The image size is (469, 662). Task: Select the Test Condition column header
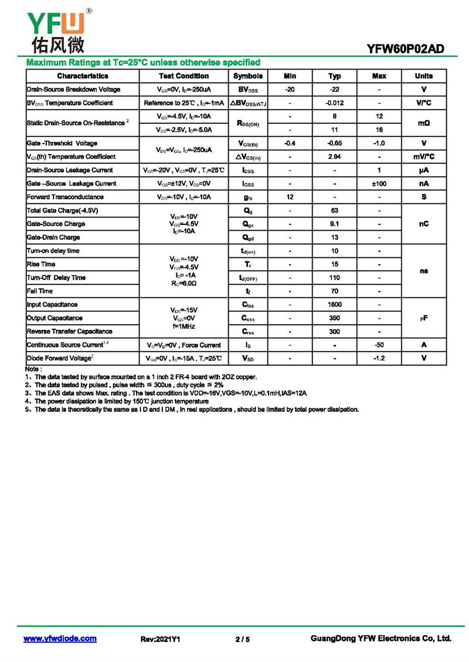click(183, 76)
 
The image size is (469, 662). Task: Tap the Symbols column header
click(248, 76)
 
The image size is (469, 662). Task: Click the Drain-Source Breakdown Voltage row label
click(73, 90)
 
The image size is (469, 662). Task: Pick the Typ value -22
click(334, 90)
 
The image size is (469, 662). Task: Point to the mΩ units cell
click(423, 123)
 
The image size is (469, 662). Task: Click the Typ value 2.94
click(334, 157)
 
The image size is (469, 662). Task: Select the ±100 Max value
click(379, 184)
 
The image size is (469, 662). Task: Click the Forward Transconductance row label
click(65, 197)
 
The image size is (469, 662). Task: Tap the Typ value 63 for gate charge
click(334, 210)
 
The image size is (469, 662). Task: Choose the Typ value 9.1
click(334, 224)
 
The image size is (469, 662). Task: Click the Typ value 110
click(334, 278)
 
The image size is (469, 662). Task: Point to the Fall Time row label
click(40, 291)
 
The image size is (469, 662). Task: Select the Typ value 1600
click(334, 305)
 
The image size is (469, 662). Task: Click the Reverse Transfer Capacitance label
click(69, 332)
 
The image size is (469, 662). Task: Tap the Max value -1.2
click(379, 358)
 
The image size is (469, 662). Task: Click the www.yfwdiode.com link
click(60, 639)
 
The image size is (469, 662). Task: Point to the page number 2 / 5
click(242, 639)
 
